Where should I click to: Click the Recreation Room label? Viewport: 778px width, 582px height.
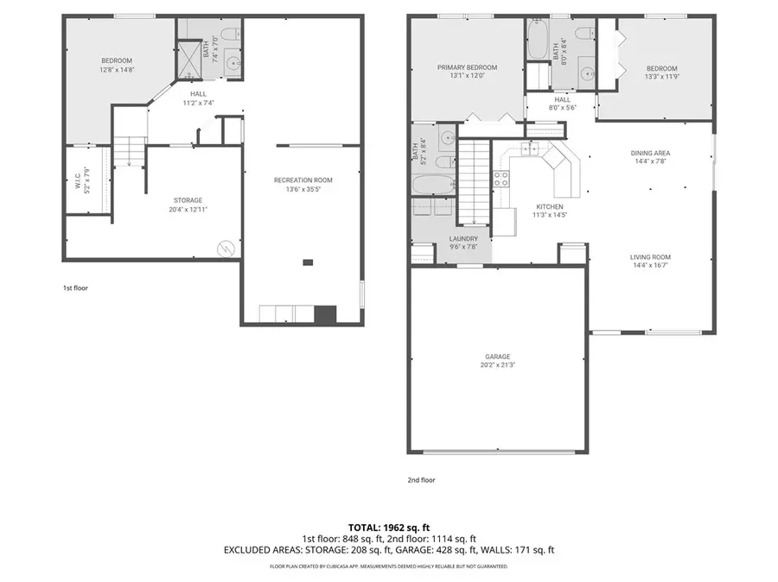pos(303,180)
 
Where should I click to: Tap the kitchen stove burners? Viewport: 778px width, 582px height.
pos(501,179)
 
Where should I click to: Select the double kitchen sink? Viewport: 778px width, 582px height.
pos(529,149)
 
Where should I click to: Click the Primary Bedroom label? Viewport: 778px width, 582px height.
pos(467,67)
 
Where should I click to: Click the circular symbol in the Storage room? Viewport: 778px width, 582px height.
pos(225,246)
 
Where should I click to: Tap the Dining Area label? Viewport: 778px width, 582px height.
pos(650,153)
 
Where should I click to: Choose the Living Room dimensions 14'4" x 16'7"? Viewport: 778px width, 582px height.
pos(650,266)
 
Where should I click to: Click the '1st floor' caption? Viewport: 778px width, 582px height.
pos(75,287)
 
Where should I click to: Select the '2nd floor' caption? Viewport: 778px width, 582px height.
pos(422,479)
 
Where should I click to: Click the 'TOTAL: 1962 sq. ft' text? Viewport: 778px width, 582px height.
pos(388,526)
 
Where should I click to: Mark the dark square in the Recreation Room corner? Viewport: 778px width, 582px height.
pos(325,314)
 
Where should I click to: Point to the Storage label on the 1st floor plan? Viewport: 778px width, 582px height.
pos(188,200)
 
